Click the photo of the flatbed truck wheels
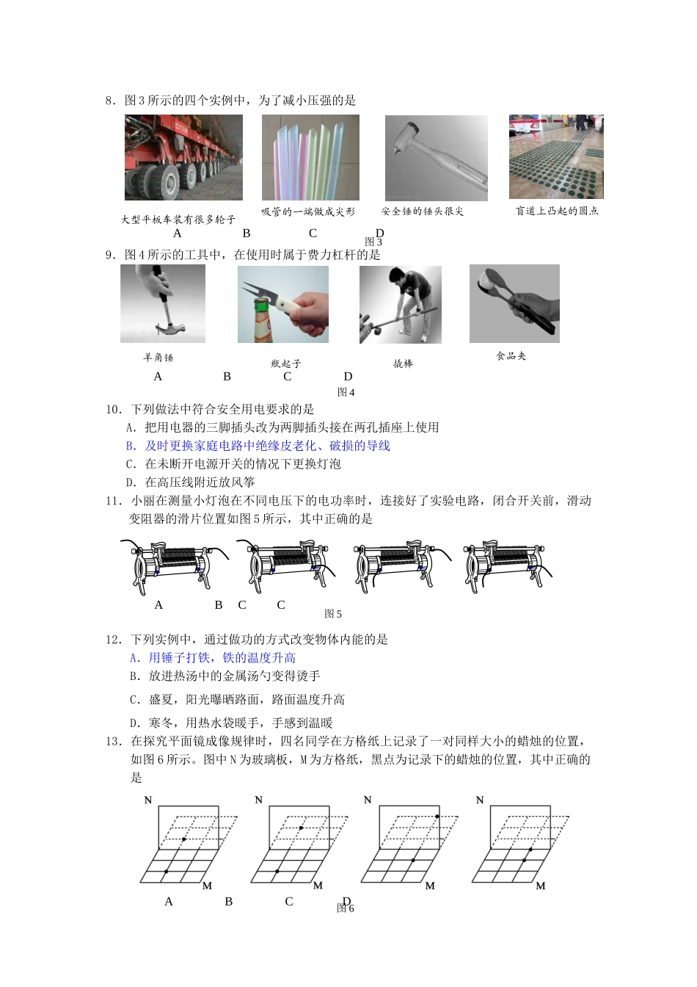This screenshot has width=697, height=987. (183, 157)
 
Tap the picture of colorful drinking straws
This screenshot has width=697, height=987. (310, 157)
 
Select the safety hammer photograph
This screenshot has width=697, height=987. (436, 157)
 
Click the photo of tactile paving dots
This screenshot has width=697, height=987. (556, 156)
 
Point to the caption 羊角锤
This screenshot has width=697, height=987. (158, 358)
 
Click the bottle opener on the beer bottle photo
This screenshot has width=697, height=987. (282, 304)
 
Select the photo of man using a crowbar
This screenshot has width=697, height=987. (400, 304)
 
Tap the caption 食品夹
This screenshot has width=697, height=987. (511, 356)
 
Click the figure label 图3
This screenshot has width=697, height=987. (373, 242)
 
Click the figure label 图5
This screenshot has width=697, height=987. (333, 614)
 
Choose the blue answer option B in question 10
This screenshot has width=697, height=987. (258, 446)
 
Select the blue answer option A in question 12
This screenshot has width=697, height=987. (213, 658)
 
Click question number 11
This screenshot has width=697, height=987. (113, 501)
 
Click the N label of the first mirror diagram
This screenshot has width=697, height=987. (147, 800)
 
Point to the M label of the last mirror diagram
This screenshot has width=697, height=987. (541, 886)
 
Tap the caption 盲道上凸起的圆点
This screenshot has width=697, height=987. (557, 211)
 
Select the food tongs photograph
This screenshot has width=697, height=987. (514, 304)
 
